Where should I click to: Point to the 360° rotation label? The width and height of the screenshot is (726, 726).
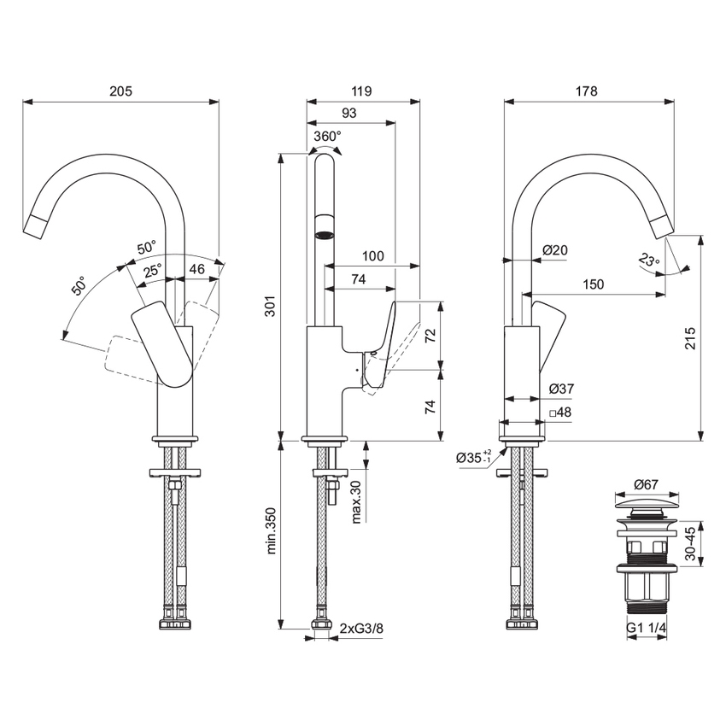(x=327, y=136)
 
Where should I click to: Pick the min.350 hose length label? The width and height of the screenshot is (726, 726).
(x=271, y=532)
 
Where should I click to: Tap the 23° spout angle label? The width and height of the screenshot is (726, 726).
(x=649, y=261)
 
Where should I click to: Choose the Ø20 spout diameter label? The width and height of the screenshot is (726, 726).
(x=555, y=249)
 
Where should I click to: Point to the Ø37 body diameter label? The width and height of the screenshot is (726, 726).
(x=560, y=389)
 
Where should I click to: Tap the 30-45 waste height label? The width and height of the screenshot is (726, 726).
(x=690, y=542)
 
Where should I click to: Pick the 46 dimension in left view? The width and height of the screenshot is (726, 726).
(x=196, y=269)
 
